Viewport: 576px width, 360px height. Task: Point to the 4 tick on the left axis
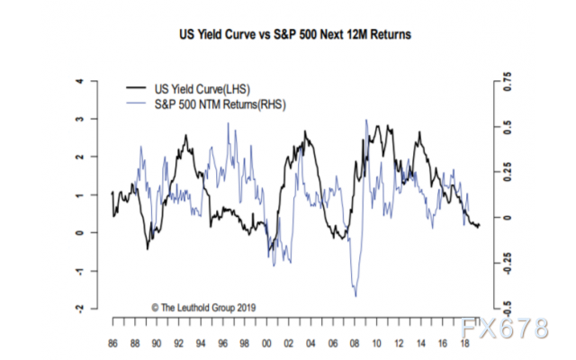[x=80, y=81]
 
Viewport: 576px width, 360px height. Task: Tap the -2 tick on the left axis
[x=80, y=309]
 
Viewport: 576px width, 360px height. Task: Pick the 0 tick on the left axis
[x=80, y=233]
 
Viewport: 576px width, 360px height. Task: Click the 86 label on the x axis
[x=112, y=343]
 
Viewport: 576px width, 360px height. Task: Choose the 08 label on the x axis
[x=356, y=343]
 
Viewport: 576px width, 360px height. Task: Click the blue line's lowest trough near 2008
[x=355, y=296]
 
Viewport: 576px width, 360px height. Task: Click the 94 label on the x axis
[x=201, y=343]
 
